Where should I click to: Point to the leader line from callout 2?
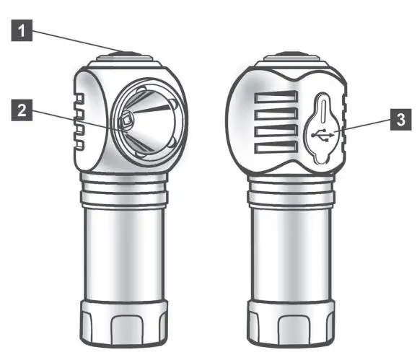pos(72,116)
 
